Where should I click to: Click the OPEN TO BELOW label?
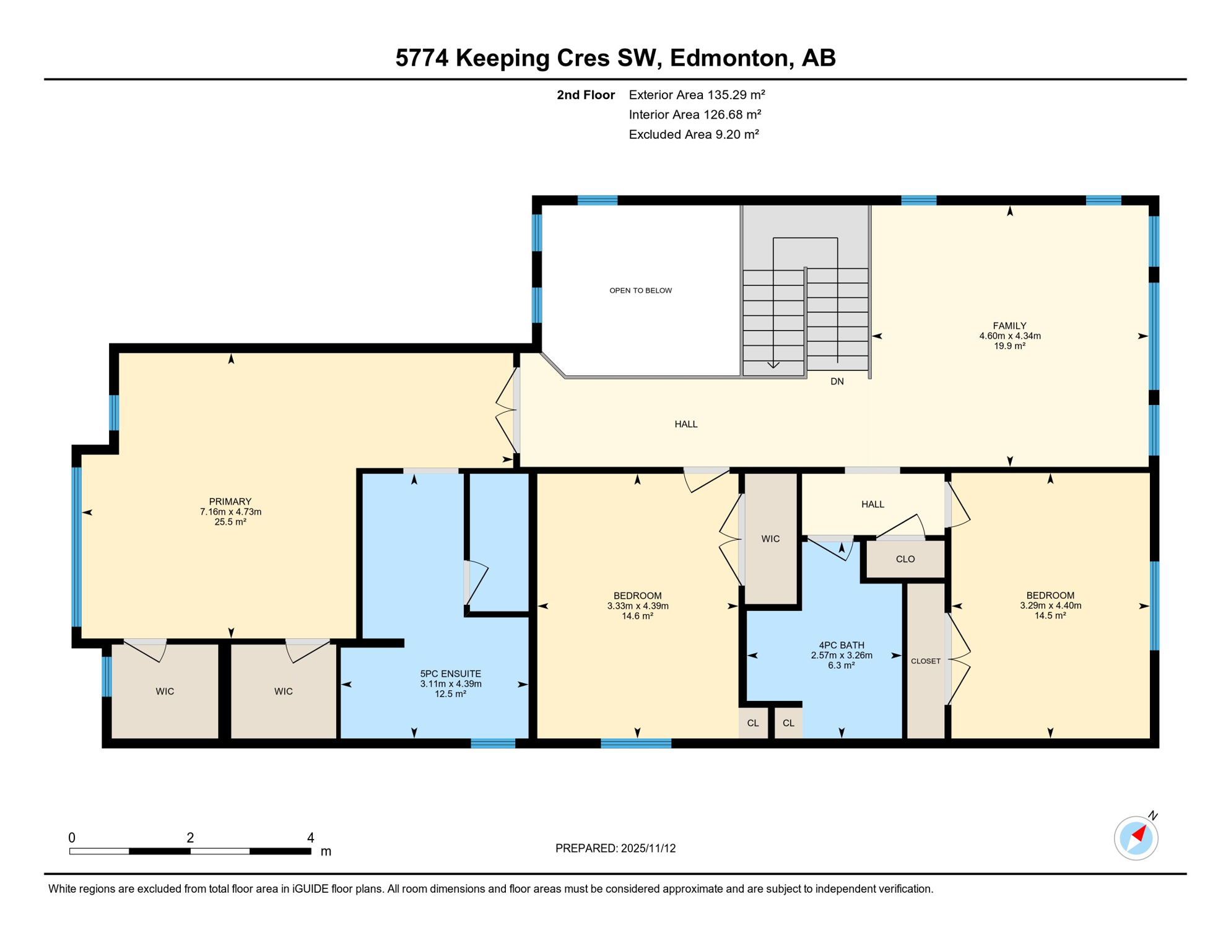(640, 290)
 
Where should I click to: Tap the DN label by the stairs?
(837, 381)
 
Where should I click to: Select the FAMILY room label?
(1009, 326)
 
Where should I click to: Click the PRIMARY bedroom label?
(230, 502)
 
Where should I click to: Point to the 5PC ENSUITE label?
(450, 674)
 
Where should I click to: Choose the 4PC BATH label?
(841, 645)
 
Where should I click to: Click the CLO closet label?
(905, 559)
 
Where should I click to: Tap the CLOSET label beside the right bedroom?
(925, 661)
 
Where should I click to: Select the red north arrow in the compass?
(1139, 834)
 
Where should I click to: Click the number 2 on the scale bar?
(190, 838)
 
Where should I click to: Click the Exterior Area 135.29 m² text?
(697, 95)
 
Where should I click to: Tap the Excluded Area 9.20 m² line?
(694, 134)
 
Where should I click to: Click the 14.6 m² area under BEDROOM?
(637, 616)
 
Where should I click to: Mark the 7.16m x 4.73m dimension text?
(230, 512)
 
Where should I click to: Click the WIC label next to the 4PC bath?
(770, 539)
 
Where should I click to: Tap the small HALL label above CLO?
(872, 504)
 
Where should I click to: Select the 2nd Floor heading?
(585, 95)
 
